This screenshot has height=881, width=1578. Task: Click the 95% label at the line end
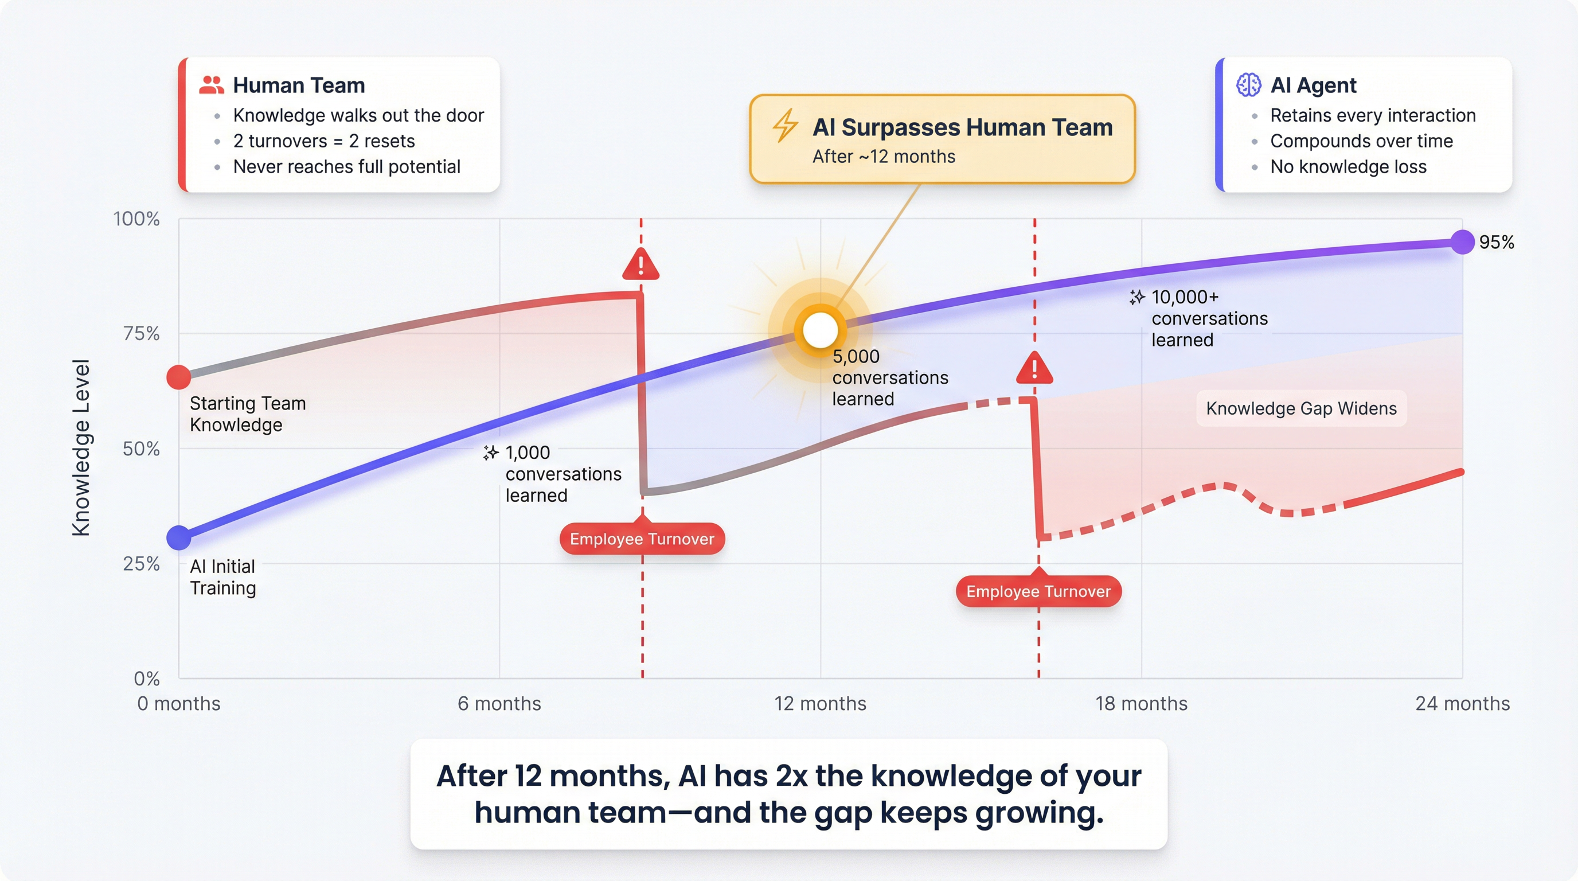click(x=1496, y=242)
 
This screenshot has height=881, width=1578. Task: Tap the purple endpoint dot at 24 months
click(x=1462, y=242)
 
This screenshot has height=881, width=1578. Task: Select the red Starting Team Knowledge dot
click(x=179, y=377)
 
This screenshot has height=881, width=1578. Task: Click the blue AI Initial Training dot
click(x=179, y=538)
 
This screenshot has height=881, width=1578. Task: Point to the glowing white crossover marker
click(x=820, y=330)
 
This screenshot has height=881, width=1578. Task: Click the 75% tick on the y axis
click(x=141, y=334)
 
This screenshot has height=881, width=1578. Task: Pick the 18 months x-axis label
click(x=1140, y=703)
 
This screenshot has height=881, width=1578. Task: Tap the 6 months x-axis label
click(x=499, y=703)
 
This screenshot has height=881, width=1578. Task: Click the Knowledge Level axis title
click(x=81, y=447)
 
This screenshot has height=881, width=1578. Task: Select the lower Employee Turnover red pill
click(x=1038, y=591)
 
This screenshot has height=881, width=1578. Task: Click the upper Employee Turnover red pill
click(x=642, y=539)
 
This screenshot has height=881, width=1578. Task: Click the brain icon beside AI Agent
click(x=1248, y=85)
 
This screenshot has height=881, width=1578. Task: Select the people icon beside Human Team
click(x=212, y=85)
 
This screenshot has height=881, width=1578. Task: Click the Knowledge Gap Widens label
click(x=1301, y=408)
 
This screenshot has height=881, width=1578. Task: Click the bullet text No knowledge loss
click(x=1347, y=167)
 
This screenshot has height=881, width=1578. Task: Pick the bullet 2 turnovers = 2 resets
click(x=323, y=141)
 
